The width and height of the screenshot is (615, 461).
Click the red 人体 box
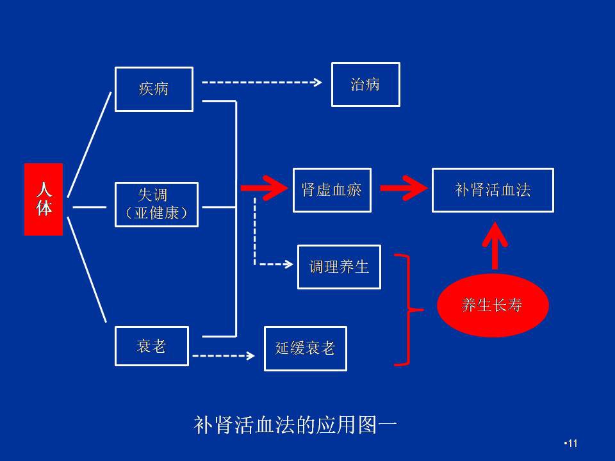click(x=44, y=199)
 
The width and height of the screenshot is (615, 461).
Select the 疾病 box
click(x=154, y=89)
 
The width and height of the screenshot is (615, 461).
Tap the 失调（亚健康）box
click(x=157, y=204)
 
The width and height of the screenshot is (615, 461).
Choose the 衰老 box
click(x=152, y=346)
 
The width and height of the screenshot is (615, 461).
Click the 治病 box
click(x=365, y=85)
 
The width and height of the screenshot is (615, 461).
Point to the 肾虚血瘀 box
click(x=332, y=190)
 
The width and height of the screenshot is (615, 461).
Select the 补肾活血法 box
click(x=493, y=190)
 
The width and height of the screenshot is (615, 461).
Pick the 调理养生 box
click(x=339, y=267)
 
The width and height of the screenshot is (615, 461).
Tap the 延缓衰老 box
click(x=305, y=348)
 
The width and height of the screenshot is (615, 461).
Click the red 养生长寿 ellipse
click(x=493, y=305)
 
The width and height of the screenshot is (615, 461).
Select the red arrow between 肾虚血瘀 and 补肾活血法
click(x=403, y=188)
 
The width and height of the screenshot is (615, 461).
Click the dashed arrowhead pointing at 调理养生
click(x=289, y=263)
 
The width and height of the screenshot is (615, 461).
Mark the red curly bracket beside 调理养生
click(x=407, y=310)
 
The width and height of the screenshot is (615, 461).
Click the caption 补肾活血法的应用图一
click(x=295, y=426)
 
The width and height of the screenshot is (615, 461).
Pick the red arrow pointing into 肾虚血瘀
click(x=263, y=188)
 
